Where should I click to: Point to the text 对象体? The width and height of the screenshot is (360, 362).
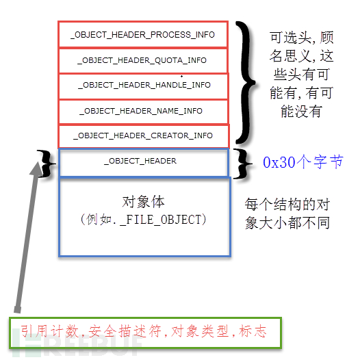143,202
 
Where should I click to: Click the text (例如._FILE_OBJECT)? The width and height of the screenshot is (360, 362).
142,220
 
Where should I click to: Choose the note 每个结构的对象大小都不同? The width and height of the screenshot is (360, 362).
287,214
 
